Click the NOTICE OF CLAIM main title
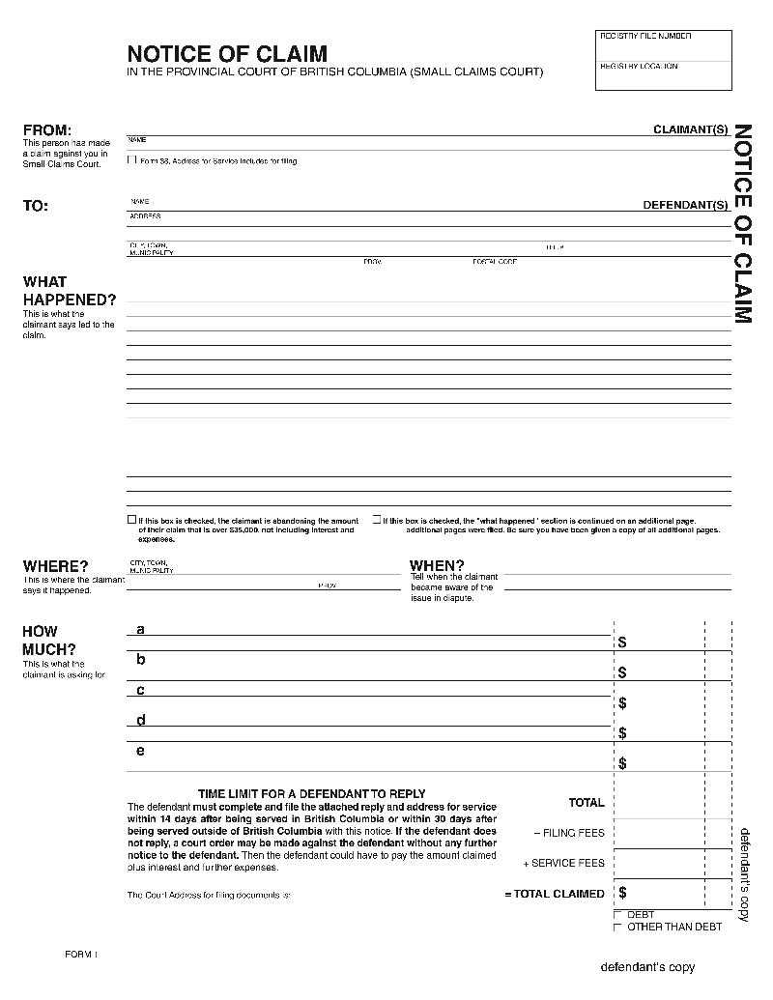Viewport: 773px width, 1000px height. point(227,54)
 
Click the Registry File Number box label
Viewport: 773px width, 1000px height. point(645,36)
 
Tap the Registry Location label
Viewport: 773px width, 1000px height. point(639,66)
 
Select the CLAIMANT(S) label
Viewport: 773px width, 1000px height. point(690,129)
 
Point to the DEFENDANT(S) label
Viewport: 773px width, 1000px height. point(685,205)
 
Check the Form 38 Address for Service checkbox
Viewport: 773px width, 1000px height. point(132,160)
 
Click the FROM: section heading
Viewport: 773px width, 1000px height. point(47,130)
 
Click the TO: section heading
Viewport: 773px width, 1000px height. point(36,206)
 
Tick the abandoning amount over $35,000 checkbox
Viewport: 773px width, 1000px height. point(132,520)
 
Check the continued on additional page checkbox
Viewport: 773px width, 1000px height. point(377,520)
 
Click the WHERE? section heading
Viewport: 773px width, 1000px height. point(55,566)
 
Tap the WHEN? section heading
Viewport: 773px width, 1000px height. point(437,565)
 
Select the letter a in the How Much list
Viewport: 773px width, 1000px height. point(140,630)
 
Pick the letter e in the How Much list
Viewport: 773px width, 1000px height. point(140,751)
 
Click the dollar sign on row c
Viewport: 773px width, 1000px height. point(622,702)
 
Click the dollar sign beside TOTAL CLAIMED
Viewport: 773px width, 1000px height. point(622,893)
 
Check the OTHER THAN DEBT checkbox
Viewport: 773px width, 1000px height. point(617,927)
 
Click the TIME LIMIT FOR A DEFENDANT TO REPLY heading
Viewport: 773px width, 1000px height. point(311,794)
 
